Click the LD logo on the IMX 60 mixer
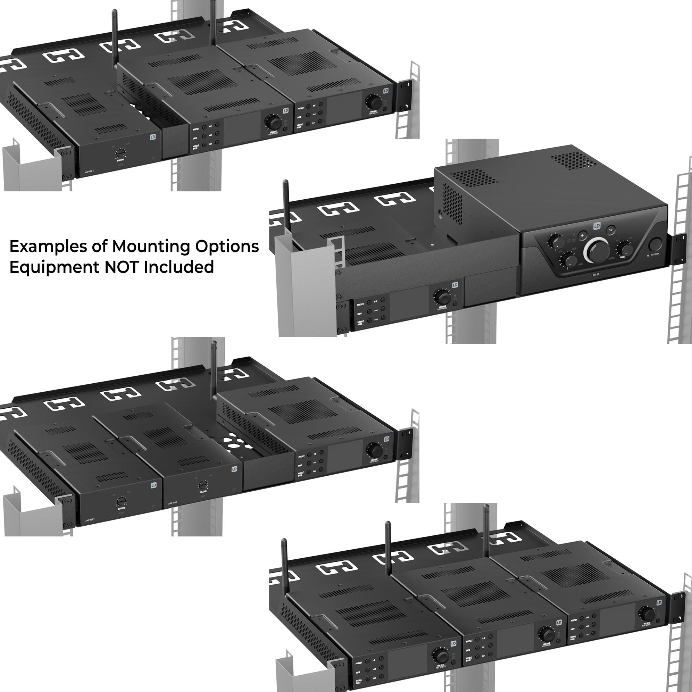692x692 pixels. click(597, 226)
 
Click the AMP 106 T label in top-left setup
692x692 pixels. click(89, 172)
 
